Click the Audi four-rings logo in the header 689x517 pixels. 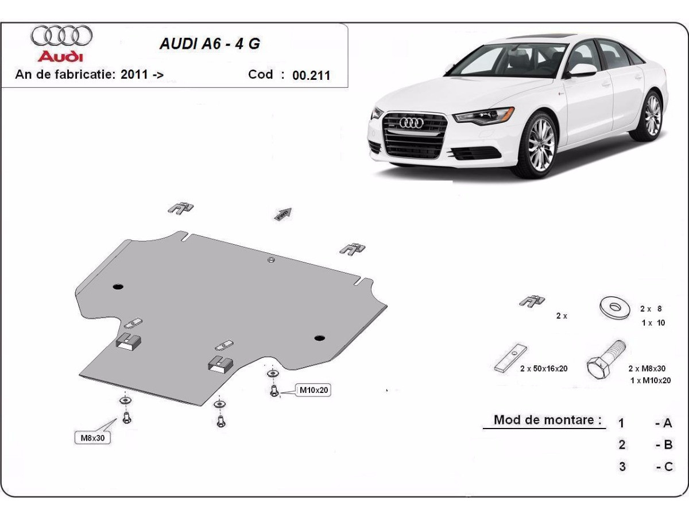pyautogui.click(x=61, y=36)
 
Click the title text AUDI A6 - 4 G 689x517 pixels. pyautogui.click(x=209, y=44)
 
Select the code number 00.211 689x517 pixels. pyautogui.click(x=311, y=75)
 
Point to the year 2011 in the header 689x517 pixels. pyautogui.click(x=134, y=75)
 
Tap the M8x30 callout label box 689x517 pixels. pyautogui.click(x=92, y=438)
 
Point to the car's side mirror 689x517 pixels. pyautogui.click(x=582, y=70)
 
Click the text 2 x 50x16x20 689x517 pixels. pyautogui.click(x=543, y=368)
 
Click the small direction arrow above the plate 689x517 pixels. pyautogui.click(x=283, y=214)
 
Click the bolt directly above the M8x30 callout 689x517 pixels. pyautogui.click(x=126, y=418)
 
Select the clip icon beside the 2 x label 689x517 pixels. pyautogui.click(x=532, y=300)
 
